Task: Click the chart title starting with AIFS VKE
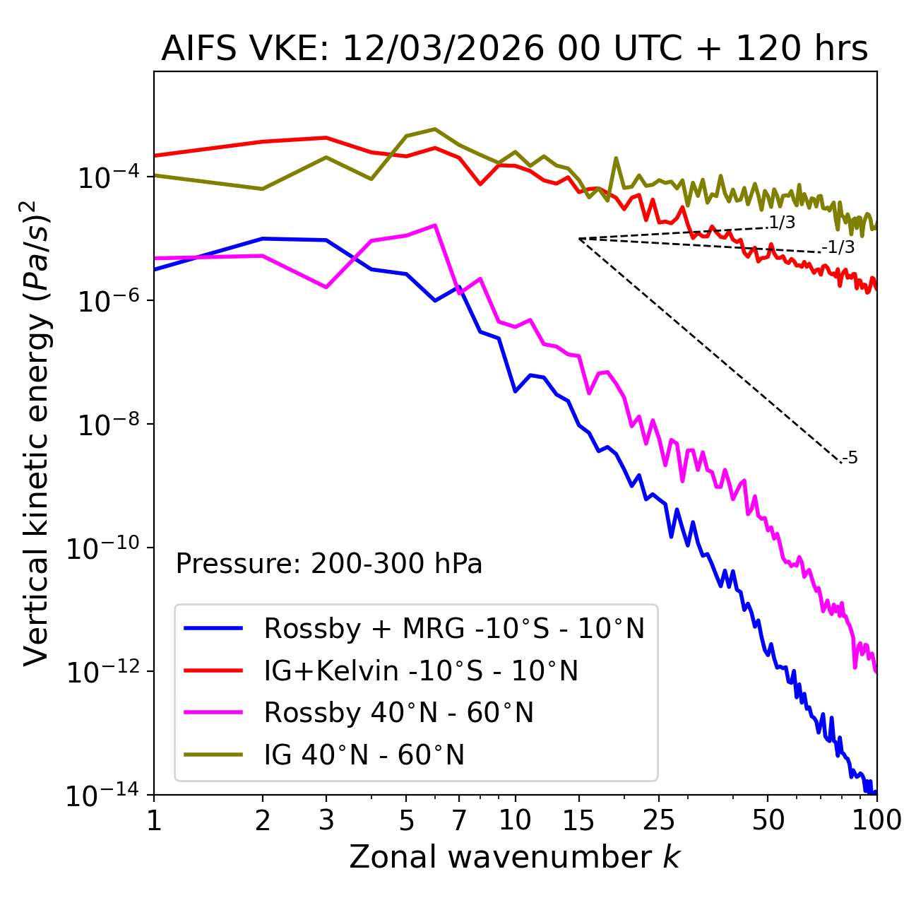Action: click(514, 49)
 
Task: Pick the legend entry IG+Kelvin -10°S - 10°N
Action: click(421, 670)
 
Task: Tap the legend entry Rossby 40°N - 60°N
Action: click(398, 713)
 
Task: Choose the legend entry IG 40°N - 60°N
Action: click(364, 755)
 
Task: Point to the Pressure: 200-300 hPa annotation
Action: click(328, 564)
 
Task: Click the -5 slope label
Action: click(850, 458)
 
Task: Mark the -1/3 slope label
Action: click(839, 247)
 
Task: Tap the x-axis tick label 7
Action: click(459, 820)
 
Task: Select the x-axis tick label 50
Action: click(768, 820)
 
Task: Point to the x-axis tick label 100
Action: click(876, 820)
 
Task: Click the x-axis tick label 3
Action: click(326, 820)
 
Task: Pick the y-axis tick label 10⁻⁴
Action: click(107, 177)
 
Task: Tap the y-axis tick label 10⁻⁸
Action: click(107, 425)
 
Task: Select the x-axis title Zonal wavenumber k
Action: click(514, 857)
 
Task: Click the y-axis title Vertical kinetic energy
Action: click(37, 432)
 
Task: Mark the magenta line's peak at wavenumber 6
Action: click(435, 225)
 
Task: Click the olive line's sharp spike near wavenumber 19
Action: click(616, 158)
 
